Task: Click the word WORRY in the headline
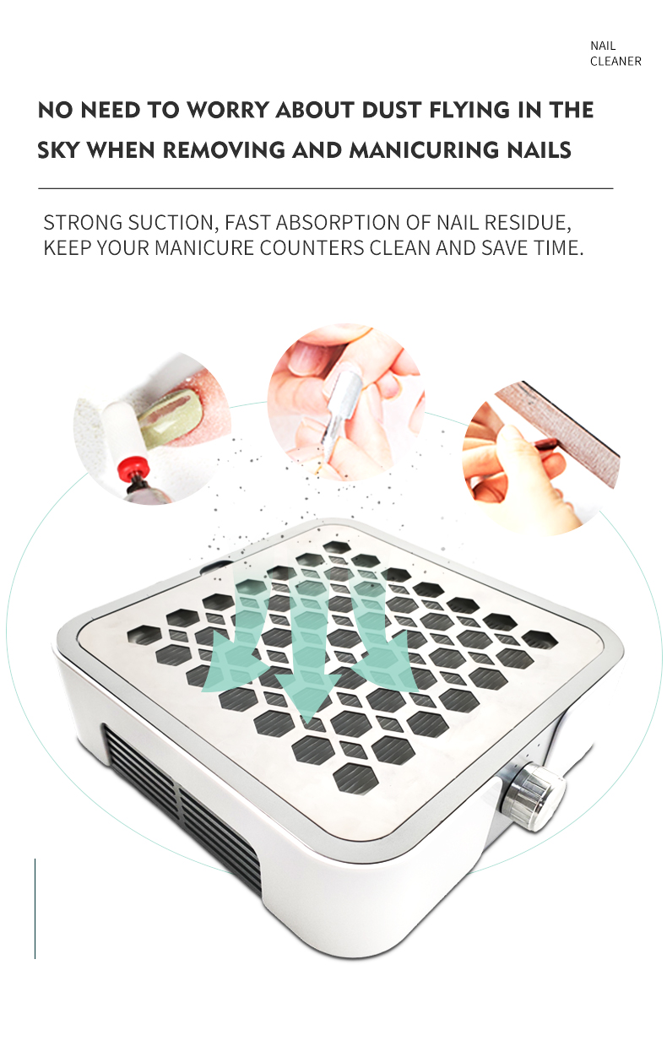click(x=228, y=110)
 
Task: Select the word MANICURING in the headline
click(x=424, y=150)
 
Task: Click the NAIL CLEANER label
click(x=615, y=53)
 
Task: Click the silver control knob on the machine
click(x=533, y=798)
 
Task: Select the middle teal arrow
click(x=306, y=651)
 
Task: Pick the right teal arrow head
click(x=386, y=660)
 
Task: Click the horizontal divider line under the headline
click(x=326, y=189)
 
